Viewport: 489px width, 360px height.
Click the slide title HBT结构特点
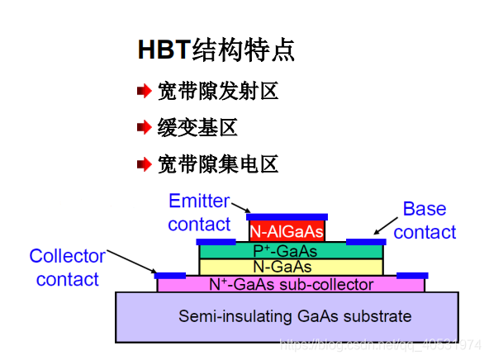[216, 50]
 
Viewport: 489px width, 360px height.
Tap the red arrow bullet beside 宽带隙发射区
[144, 92]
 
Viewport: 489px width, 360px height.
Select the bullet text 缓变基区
[197, 128]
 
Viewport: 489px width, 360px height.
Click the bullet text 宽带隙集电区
[217, 164]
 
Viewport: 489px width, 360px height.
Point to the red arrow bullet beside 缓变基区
[144, 128]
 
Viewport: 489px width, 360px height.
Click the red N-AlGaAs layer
[287, 232]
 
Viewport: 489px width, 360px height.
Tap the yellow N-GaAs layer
[291, 267]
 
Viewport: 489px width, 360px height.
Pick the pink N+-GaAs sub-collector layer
[291, 285]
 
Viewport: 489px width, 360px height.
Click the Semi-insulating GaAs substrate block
[286, 316]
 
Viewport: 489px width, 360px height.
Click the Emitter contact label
[199, 212]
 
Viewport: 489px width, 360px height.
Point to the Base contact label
[425, 220]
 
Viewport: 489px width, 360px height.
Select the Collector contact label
[67, 268]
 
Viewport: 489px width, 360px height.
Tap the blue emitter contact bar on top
[287, 217]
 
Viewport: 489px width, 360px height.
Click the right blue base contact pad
[365, 242]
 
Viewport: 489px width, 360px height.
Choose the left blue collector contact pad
[171, 275]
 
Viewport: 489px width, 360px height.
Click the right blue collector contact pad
[412, 275]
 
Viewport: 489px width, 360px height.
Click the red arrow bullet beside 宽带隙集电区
[144, 164]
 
